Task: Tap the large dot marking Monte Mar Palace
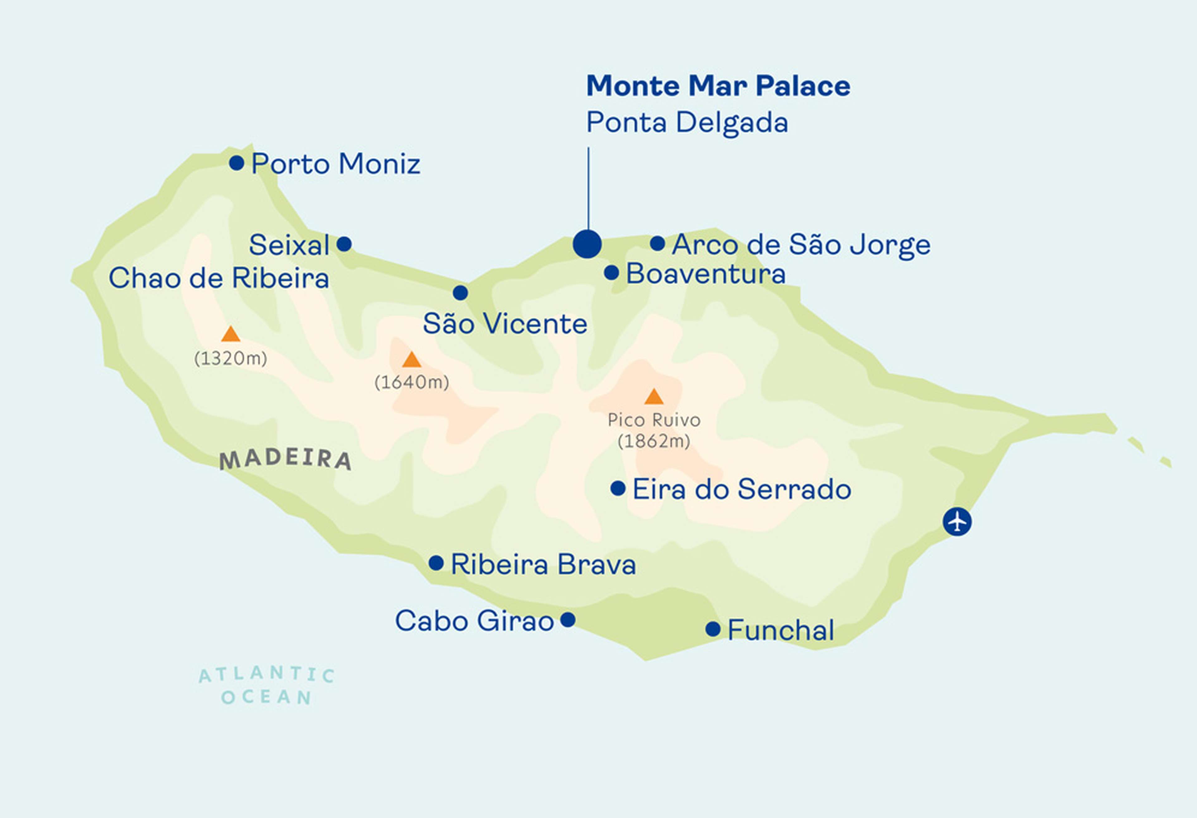(587, 244)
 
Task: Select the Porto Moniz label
(335, 164)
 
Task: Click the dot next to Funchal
(713, 629)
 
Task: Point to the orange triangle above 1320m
(231, 334)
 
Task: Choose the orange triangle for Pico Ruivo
(654, 397)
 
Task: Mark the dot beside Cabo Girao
(568, 619)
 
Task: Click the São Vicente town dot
(460, 292)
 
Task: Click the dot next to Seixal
(344, 244)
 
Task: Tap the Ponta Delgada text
(687, 122)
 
